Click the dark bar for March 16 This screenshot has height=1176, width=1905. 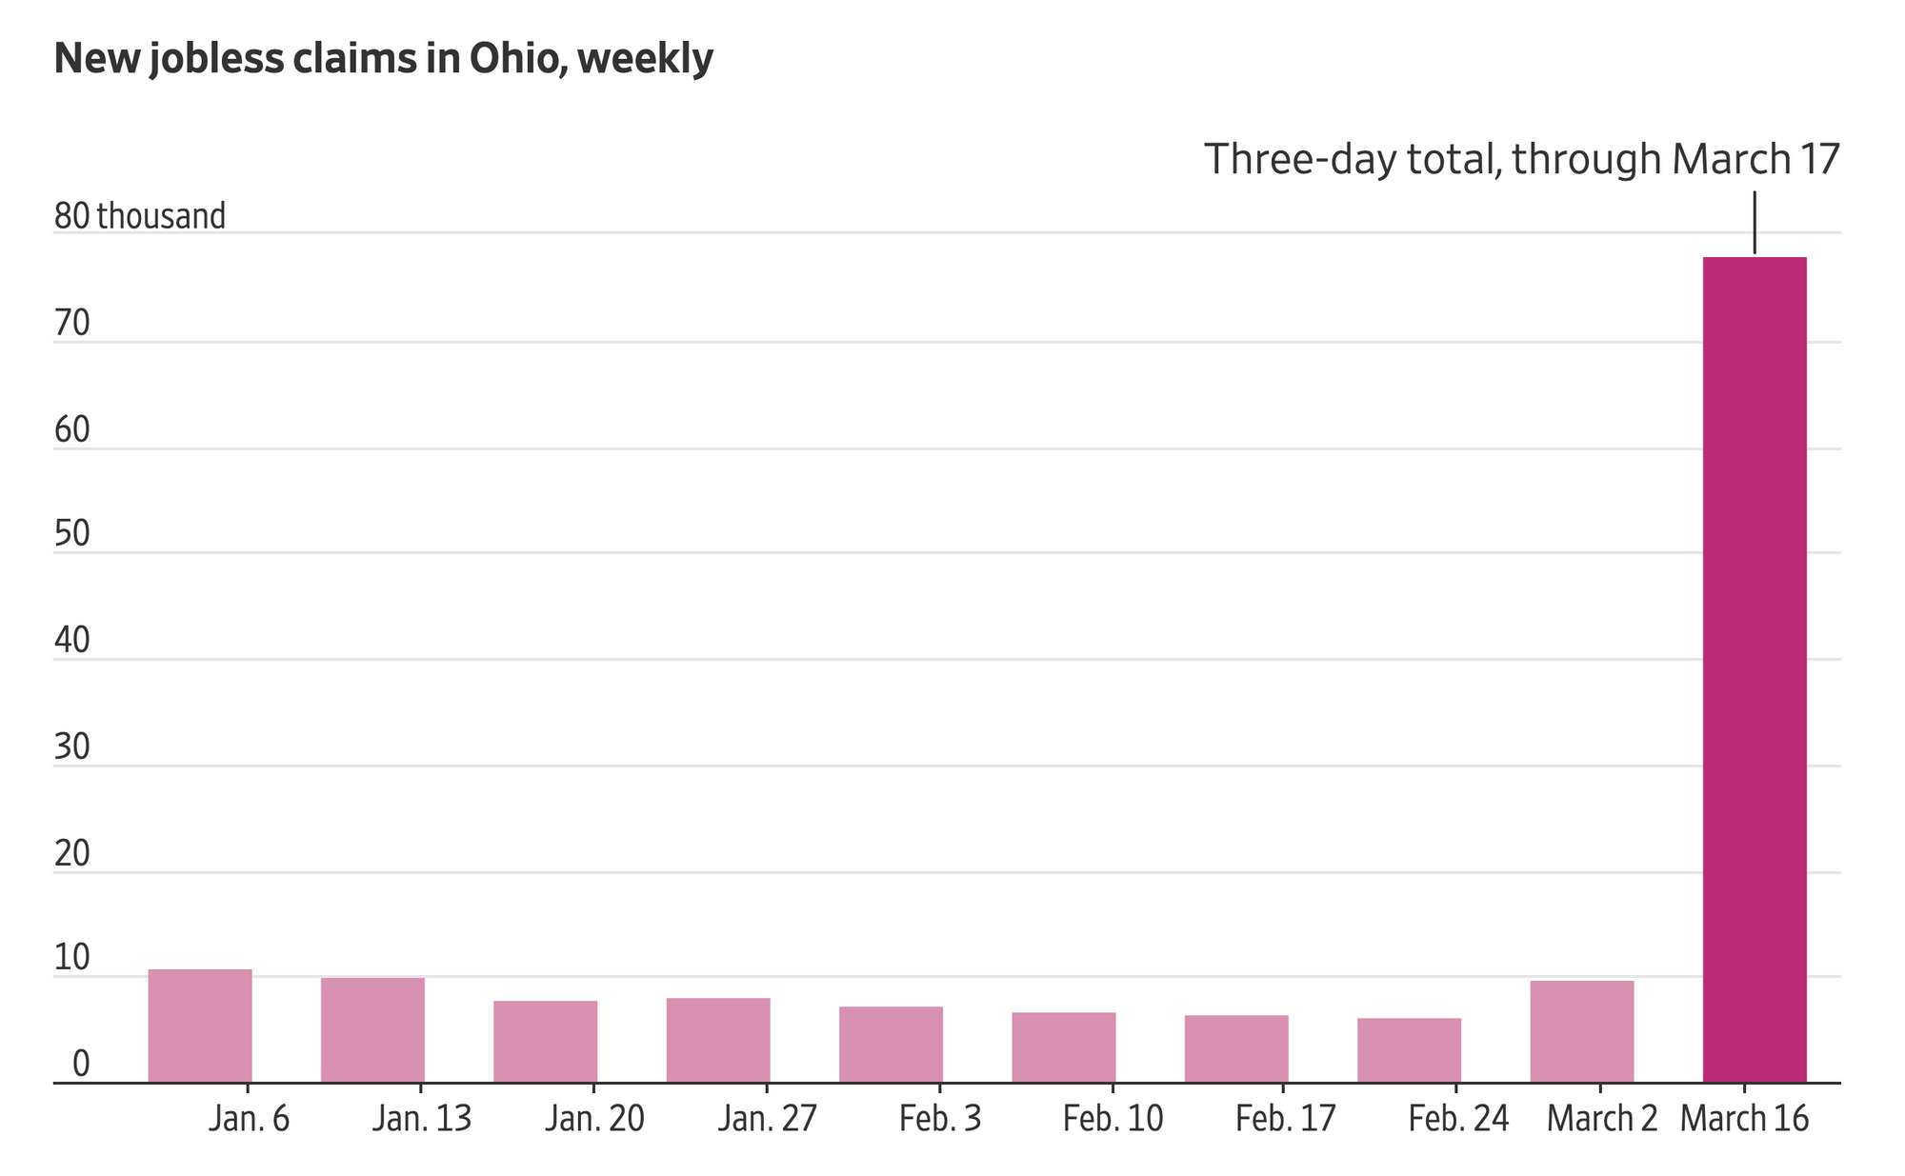pyautogui.click(x=1755, y=669)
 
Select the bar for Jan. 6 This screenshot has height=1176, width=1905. pyautogui.click(x=200, y=1026)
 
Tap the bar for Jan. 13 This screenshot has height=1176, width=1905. pyautogui.click(x=372, y=1030)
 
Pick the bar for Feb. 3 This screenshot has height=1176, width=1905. pyautogui.click(x=891, y=1045)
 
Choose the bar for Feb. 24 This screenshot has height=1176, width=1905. pyautogui.click(x=1409, y=1050)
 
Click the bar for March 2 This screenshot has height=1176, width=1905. pyautogui.click(x=1582, y=1031)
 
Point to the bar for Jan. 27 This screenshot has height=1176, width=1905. pyautogui.click(x=718, y=1040)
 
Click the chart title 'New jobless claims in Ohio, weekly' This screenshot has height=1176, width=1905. pyautogui.click(x=383, y=60)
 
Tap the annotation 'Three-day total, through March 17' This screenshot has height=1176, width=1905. pyautogui.click(x=1522, y=159)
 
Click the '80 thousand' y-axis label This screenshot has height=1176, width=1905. pyautogui.click(x=140, y=216)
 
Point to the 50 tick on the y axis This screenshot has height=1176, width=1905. pyautogui.click(x=72, y=534)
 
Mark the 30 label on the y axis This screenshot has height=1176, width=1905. pyautogui.click(x=72, y=747)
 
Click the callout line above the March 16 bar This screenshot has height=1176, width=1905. pyautogui.click(x=1755, y=223)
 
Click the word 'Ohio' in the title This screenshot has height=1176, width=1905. pyautogui.click(x=517, y=60)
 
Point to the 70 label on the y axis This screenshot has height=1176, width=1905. pyautogui.click(x=72, y=325)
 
